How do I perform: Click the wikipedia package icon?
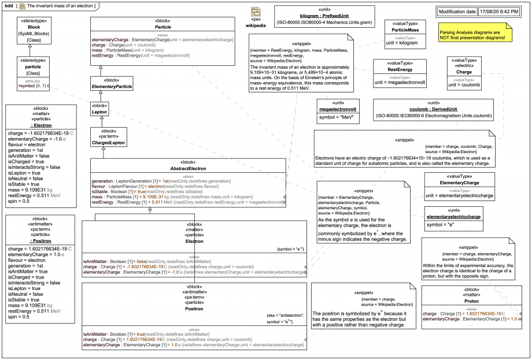[256, 13]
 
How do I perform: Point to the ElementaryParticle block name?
[112, 87]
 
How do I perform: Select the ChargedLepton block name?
[109, 142]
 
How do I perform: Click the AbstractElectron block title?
[189, 169]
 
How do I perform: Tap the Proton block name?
[471, 301]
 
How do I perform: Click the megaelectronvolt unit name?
[338, 109]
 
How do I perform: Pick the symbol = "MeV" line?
[338, 117]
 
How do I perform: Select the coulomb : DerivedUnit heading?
[434, 109]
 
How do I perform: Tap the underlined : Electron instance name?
[39, 125]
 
